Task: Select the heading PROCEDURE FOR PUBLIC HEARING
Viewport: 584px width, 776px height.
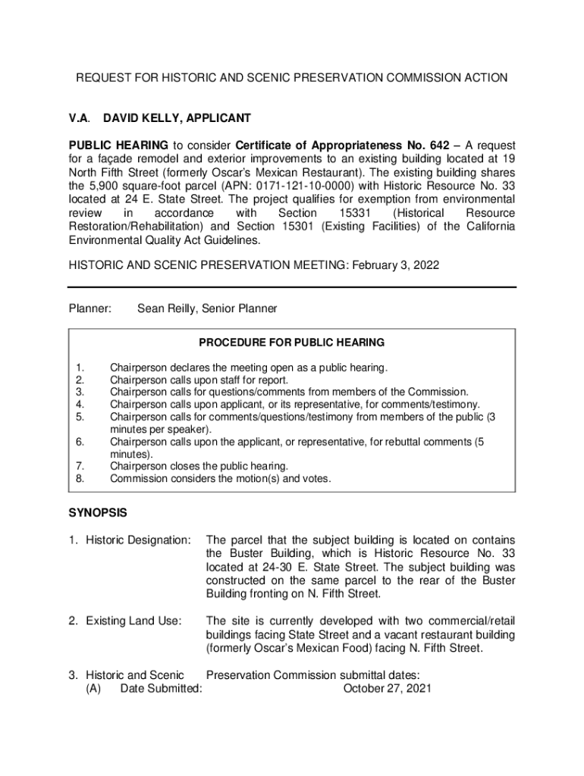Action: pyautogui.click(x=292, y=343)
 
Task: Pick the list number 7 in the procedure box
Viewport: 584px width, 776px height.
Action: pyautogui.click(x=79, y=466)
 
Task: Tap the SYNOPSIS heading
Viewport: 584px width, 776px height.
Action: pyautogui.click(x=98, y=513)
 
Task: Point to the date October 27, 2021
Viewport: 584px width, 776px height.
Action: pyautogui.click(x=388, y=689)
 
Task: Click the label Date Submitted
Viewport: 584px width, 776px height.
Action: pyautogui.click(x=161, y=689)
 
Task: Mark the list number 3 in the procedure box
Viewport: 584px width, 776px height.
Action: pyautogui.click(x=79, y=392)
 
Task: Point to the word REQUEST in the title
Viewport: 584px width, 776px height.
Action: pyautogui.click(x=102, y=78)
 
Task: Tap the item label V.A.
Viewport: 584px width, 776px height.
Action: pyautogui.click(x=79, y=119)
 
